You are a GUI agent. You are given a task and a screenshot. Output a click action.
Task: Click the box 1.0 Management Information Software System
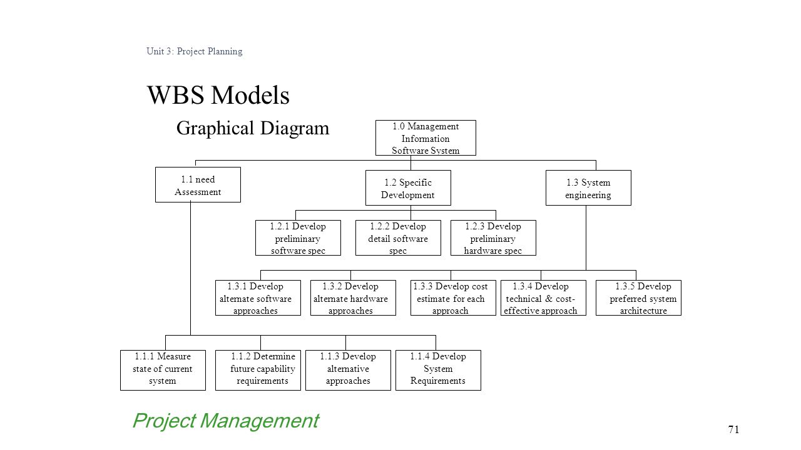pyautogui.click(x=426, y=138)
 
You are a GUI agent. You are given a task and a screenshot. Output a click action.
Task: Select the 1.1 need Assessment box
pyautogui.click(x=198, y=184)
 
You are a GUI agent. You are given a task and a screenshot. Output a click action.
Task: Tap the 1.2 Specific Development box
pyautogui.click(x=408, y=188)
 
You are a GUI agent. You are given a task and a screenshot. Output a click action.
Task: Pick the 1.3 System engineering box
pyautogui.click(x=588, y=188)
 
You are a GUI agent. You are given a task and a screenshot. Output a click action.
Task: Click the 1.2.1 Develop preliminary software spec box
pyautogui.click(x=298, y=238)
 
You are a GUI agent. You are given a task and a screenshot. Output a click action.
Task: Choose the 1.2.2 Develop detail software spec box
pyautogui.click(x=398, y=238)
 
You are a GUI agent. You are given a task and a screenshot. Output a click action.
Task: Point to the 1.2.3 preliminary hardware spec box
pyautogui.click(x=493, y=238)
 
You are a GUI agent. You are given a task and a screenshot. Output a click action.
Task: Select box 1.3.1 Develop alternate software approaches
pyautogui.click(x=258, y=298)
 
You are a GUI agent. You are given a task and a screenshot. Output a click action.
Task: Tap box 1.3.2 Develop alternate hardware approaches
pyautogui.click(x=353, y=298)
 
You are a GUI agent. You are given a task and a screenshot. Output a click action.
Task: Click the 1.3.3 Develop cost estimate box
pyautogui.click(x=453, y=298)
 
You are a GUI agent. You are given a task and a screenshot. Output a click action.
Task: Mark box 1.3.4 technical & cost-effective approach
pyautogui.click(x=543, y=298)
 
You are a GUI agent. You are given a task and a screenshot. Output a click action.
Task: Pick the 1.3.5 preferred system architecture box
pyautogui.click(x=638, y=298)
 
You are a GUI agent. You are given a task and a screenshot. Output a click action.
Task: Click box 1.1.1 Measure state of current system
pyautogui.click(x=163, y=371)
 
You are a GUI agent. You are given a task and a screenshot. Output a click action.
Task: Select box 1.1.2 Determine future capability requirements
pyautogui.click(x=258, y=371)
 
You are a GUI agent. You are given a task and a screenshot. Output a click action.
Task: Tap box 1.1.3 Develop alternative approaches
pyautogui.click(x=348, y=371)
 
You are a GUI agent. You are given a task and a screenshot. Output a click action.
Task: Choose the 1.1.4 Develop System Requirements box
pyautogui.click(x=438, y=371)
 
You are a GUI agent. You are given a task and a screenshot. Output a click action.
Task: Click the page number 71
pyautogui.click(x=733, y=429)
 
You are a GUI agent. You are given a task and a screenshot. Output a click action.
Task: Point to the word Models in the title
pyautogui.click(x=250, y=96)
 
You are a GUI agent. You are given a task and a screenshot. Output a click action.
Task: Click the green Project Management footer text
pyautogui.click(x=226, y=421)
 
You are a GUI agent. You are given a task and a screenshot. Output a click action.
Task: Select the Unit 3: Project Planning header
pyautogui.click(x=194, y=51)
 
